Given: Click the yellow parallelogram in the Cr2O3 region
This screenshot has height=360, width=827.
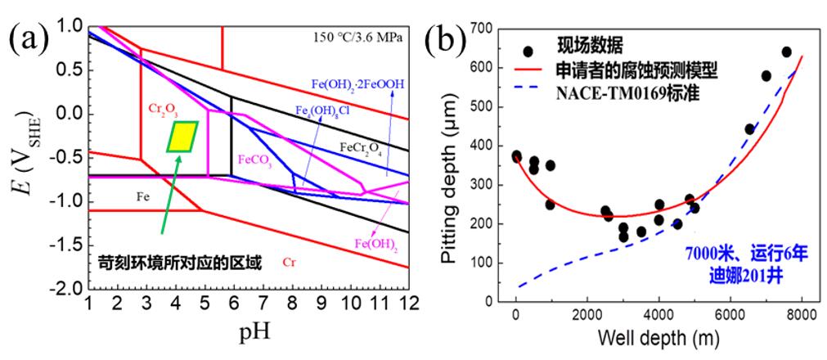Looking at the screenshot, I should pos(182,137).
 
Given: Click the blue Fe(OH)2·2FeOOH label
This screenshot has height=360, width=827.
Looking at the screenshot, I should pos(358,83).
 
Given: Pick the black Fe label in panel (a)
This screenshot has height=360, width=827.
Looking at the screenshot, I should pos(142,197).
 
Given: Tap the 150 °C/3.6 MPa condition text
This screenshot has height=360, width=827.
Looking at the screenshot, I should pos(357,36).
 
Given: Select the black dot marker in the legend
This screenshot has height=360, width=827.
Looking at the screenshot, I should pos(528,52).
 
